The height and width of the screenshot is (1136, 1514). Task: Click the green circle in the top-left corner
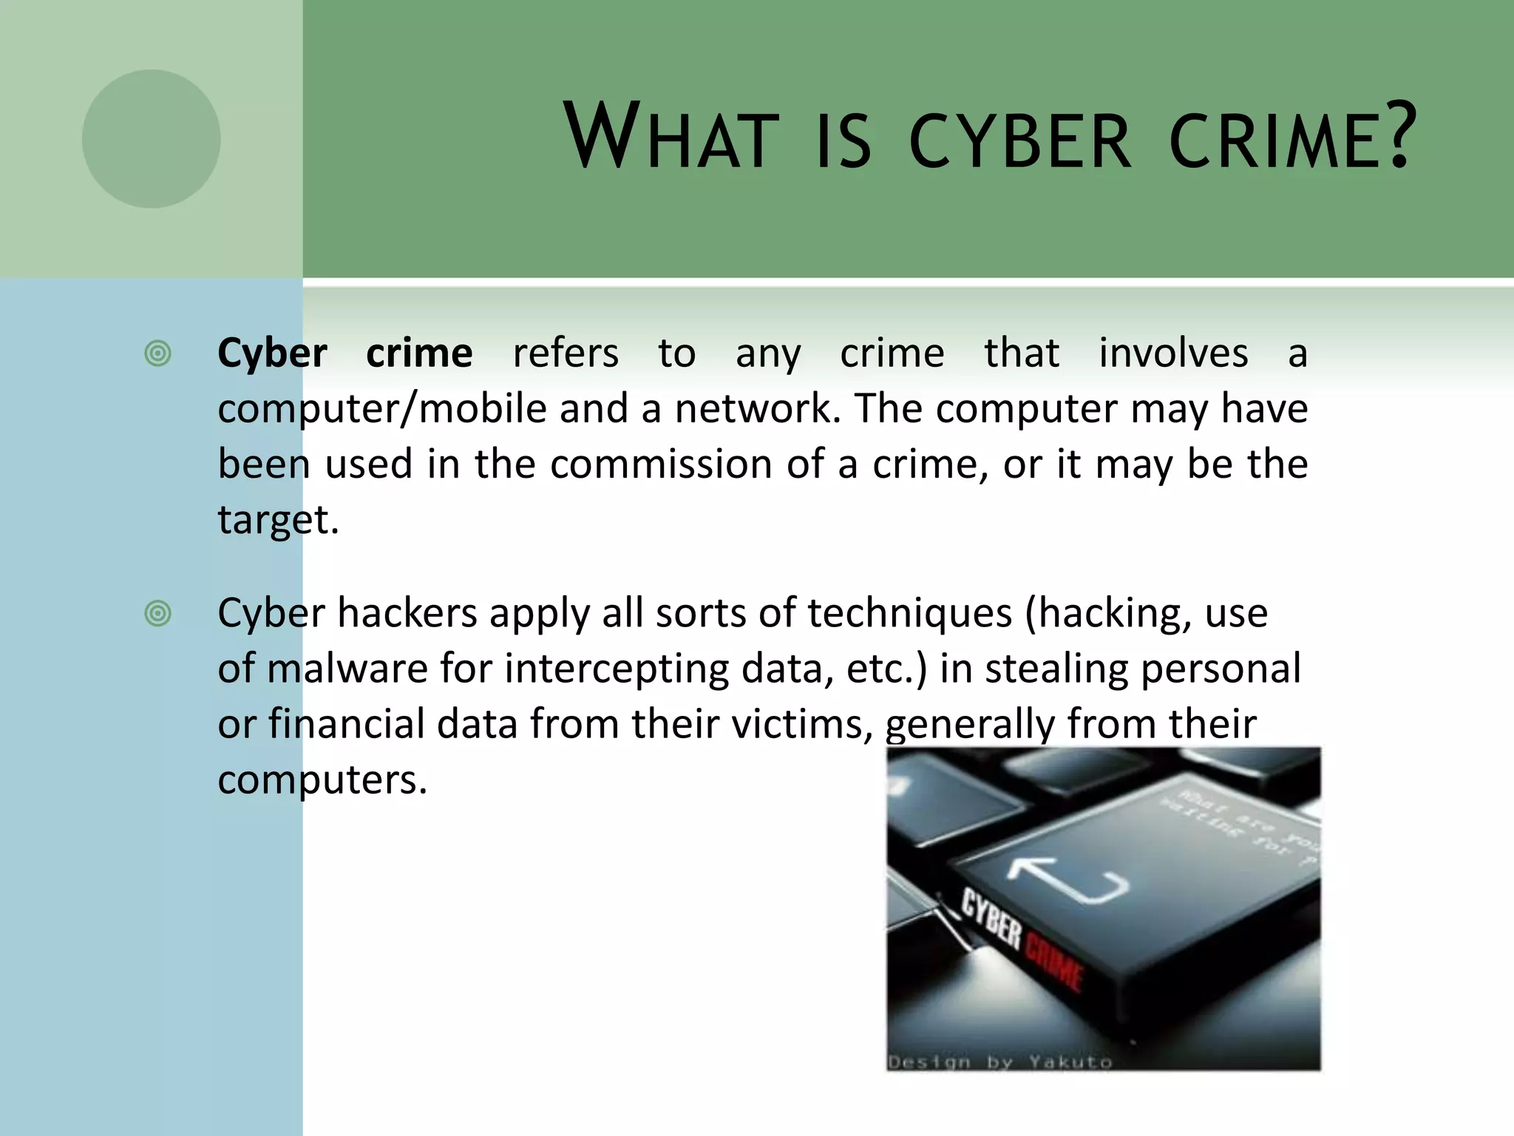tap(151, 139)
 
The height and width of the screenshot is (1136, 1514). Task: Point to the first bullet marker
tap(158, 354)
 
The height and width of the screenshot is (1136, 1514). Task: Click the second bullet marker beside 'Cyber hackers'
tap(158, 613)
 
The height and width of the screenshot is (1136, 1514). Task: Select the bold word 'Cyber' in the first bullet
tap(272, 354)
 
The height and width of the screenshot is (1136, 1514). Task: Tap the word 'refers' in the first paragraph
tap(566, 354)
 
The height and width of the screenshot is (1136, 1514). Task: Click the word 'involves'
tap(1173, 354)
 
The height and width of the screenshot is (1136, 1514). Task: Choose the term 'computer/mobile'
tap(382, 409)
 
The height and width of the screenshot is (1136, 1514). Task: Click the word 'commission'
tap(661, 464)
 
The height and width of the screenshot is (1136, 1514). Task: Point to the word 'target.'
tap(278, 520)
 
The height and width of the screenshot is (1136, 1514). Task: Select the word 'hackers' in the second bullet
tap(407, 613)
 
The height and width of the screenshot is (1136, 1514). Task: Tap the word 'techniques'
tap(909, 613)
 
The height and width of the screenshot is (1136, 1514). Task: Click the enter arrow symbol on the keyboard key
tap(1068, 879)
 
